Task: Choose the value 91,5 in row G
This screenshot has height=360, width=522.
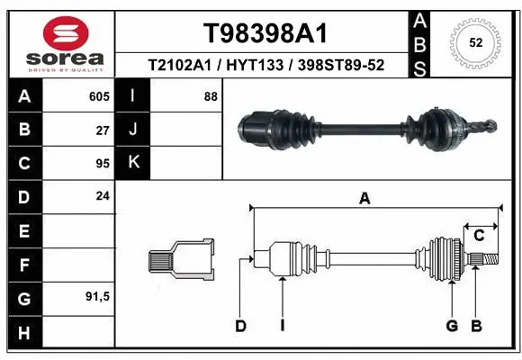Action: [x=96, y=297]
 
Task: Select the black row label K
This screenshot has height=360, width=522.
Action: [x=133, y=163]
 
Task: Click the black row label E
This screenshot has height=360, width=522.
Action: [x=23, y=231]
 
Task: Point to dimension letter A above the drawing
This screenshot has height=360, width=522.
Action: [x=364, y=199]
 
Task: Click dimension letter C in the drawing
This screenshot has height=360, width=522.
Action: [x=479, y=236]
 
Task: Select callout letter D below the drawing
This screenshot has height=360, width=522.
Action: [x=240, y=326]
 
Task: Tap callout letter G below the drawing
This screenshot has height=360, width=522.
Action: [x=452, y=326]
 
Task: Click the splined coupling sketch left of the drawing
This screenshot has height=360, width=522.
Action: [x=181, y=259]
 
